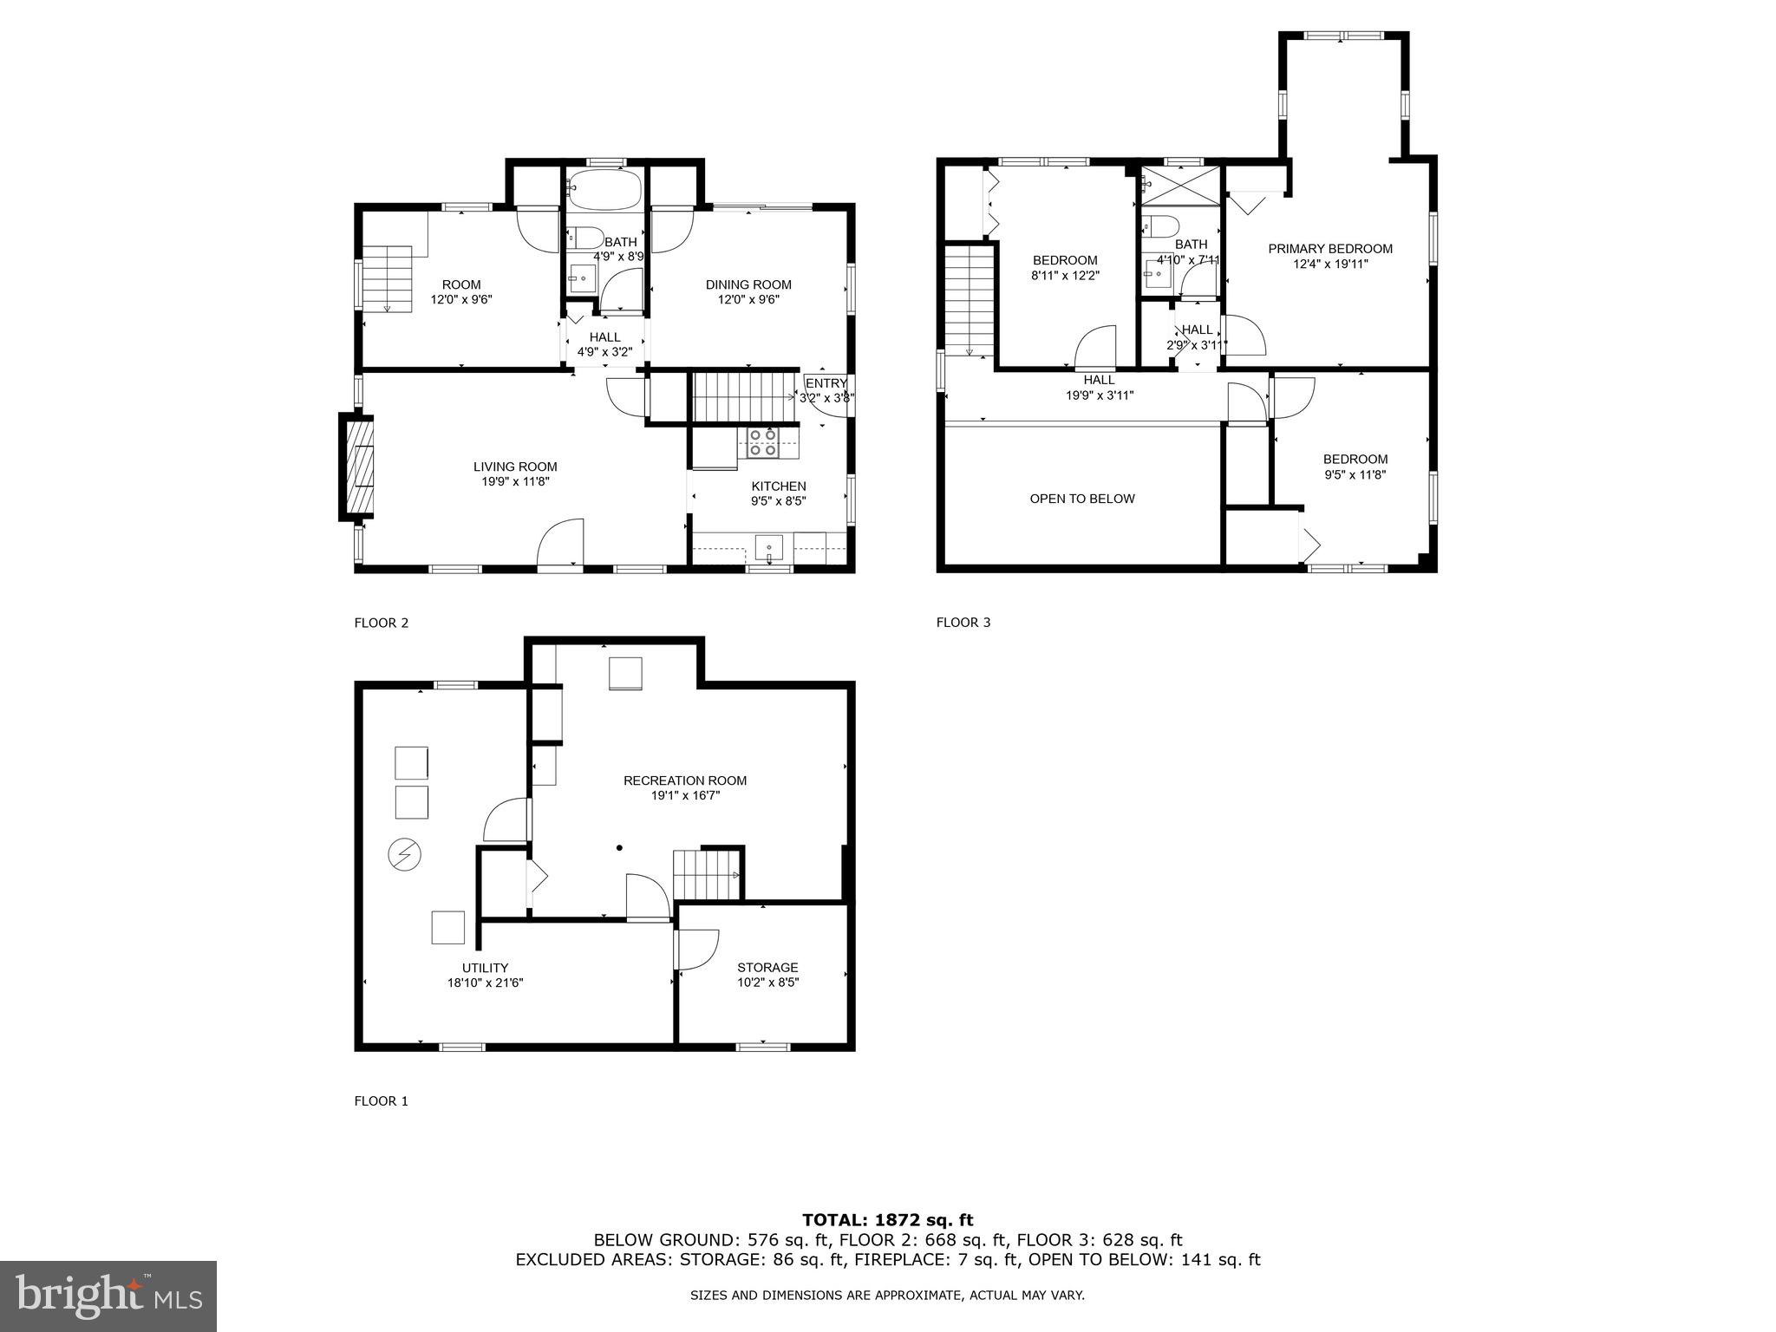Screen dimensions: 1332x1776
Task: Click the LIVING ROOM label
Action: (515, 467)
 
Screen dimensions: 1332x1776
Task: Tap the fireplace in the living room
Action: (357, 467)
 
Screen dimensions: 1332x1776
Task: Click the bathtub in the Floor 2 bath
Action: (604, 186)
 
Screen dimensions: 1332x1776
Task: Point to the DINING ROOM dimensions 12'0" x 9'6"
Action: (748, 299)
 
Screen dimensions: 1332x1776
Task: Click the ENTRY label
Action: (826, 383)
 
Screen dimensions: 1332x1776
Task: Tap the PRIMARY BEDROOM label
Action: (1330, 249)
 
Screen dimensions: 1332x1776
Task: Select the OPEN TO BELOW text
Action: (1081, 499)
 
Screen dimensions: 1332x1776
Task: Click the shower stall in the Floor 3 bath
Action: (1180, 185)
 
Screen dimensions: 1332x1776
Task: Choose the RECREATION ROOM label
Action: (684, 780)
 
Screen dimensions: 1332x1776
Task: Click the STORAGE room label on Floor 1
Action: (767, 967)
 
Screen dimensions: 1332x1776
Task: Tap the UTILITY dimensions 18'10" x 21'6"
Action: (485, 983)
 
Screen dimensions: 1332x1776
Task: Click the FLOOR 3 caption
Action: (963, 622)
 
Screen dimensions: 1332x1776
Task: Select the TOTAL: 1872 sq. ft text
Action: (887, 1220)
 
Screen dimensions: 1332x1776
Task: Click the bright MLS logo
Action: (108, 1294)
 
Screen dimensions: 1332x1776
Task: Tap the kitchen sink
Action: (768, 549)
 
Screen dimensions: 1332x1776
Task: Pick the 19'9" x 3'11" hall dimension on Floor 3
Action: (1099, 395)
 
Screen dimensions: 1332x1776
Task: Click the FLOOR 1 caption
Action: (381, 1100)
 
